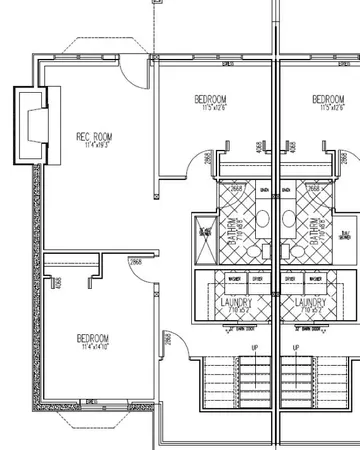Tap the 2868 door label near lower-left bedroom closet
134,262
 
